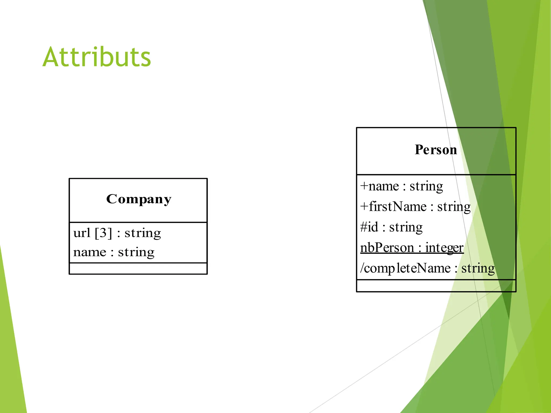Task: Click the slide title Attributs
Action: click(x=97, y=57)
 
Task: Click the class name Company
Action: click(x=139, y=199)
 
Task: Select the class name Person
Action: click(x=436, y=149)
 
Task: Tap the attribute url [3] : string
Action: click(x=117, y=233)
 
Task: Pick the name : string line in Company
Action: click(x=114, y=252)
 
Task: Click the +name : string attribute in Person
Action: click(x=401, y=186)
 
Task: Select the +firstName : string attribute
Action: click(x=415, y=207)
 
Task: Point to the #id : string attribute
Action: click(x=391, y=227)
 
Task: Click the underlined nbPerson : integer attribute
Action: click(x=412, y=248)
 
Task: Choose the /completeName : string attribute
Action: click(x=427, y=268)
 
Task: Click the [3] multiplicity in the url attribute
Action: click(x=103, y=233)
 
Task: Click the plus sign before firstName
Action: click(x=364, y=207)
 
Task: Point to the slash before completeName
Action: click(x=362, y=268)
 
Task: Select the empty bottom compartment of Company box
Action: click(x=138, y=269)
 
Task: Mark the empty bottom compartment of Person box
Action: click(x=436, y=286)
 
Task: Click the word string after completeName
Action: click(x=478, y=268)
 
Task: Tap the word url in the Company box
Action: click(x=82, y=233)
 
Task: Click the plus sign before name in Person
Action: click(x=364, y=186)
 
